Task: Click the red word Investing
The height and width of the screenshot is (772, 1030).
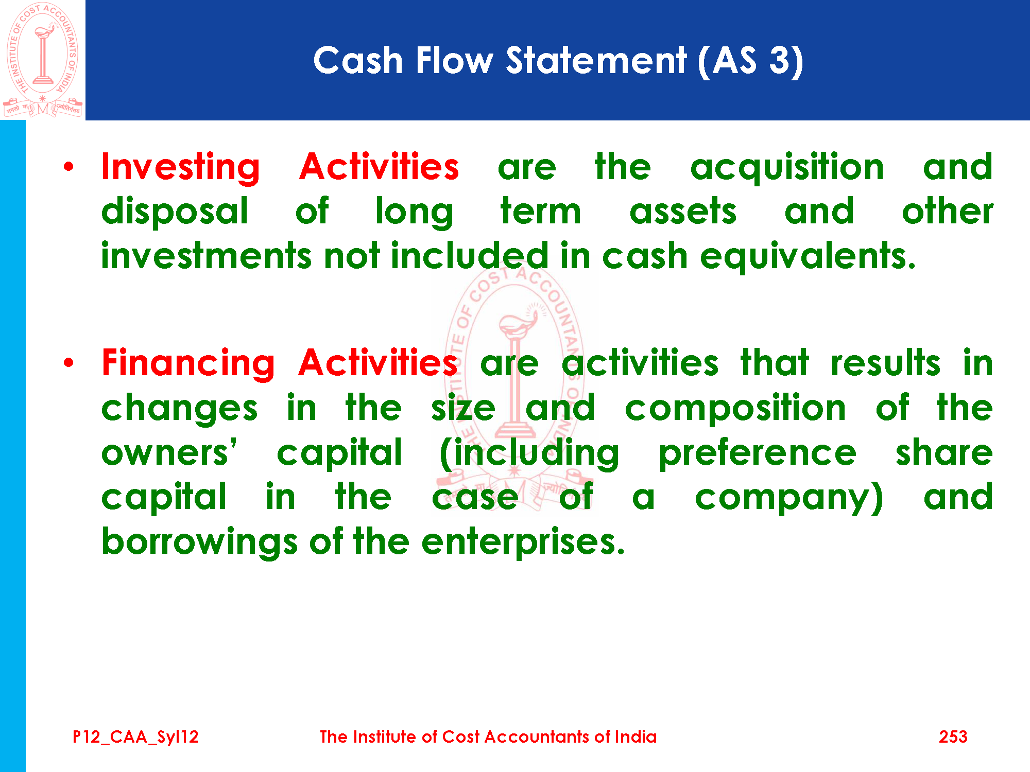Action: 181,168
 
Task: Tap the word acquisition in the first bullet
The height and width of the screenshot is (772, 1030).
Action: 787,168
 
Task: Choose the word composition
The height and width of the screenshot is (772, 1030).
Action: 735,409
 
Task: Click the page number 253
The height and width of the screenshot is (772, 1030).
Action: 953,736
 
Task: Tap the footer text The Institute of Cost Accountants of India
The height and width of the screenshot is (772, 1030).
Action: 488,736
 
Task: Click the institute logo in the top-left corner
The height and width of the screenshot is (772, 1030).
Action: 43,60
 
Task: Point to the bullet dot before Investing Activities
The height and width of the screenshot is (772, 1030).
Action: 68,166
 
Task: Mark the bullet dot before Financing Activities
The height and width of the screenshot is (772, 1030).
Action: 68,363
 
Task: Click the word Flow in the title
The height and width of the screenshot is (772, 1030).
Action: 454,61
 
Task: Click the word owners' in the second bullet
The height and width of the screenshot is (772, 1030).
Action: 169,453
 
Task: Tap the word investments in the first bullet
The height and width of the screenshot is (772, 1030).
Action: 207,256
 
